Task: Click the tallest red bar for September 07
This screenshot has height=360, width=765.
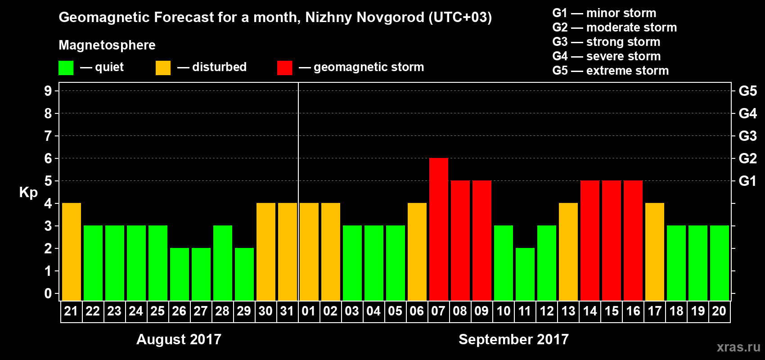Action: [x=439, y=229]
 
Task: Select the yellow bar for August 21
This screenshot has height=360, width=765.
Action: [x=72, y=252]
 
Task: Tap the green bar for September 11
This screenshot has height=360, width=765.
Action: [x=525, y=274]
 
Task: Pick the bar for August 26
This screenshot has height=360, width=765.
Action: [x=180, y=274]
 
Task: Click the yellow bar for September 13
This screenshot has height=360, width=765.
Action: [x=568, y=252]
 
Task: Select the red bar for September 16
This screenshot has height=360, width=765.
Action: [x=633, y=240]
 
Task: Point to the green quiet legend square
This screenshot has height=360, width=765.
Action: [x=66, y=68]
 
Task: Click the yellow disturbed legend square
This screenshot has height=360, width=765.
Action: [x=163, y=68]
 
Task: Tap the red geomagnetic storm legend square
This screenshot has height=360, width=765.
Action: [x=284, y=68]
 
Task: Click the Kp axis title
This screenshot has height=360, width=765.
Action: [x=28, y=192]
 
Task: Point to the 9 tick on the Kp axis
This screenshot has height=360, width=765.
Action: [x=48, y=91]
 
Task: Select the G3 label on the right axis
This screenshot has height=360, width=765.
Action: [x=747, y=136]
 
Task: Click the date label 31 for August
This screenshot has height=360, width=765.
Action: [x=287, y=311]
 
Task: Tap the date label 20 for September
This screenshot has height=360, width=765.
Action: [x=719, y=311]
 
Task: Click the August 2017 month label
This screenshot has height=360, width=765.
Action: [x=179, y=339]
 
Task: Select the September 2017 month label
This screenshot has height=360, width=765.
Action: [x=513, y=339]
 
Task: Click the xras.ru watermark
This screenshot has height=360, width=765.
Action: [x=738, y=347]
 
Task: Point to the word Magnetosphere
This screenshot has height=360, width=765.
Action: [x=107, y=45]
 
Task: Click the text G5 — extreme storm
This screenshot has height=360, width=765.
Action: [x=610, y=71]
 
